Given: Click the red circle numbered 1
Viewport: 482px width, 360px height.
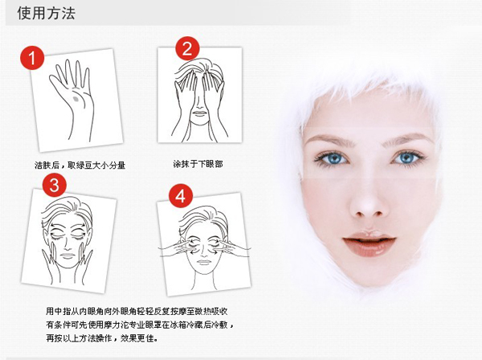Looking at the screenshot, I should [x=31, y=58].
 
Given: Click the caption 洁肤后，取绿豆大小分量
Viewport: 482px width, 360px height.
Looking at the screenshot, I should [x=79, y=165].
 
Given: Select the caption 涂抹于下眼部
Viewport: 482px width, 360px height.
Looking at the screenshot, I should [x=198, y=162].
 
